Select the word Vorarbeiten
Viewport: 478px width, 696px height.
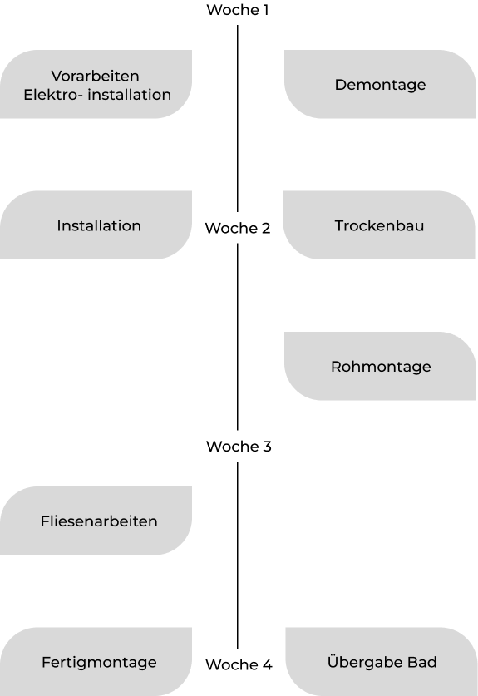pos(95,76)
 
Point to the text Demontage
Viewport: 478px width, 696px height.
pos(380,84)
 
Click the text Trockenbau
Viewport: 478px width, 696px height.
pos(379,225)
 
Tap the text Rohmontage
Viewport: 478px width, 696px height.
pos(381,367)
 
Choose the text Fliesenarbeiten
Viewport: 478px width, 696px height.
pos(99,521)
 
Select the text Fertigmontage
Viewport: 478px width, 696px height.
pos(99,662)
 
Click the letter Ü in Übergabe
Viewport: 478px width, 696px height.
pos(333,661)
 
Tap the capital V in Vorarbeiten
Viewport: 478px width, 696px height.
pos(56,76)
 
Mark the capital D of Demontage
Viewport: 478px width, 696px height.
pos(340,84)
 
